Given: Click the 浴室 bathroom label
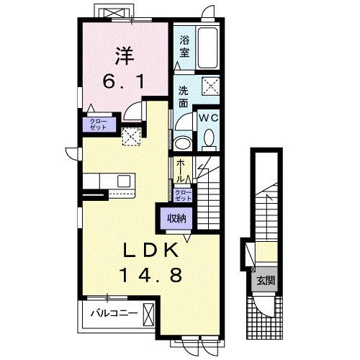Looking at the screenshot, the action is coord(184,47).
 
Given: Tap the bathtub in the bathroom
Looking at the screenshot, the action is coord(207,47).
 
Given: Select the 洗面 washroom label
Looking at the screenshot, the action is coord(183,97).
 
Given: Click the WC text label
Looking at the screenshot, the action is coord(209,118).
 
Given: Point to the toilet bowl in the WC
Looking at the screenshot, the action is coord(209,139).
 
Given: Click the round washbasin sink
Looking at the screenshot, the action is coord(183,144).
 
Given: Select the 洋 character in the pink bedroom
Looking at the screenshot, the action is coord(125,56).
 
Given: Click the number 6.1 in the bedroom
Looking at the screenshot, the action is coord(123,81).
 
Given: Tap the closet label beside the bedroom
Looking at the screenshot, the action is coord(98,125).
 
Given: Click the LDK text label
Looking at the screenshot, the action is coord(150,251).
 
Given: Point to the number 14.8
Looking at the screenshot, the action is coord(150,275).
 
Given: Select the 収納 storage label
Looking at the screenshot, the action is coord(177,218).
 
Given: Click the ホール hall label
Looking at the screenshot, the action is coord(181,171).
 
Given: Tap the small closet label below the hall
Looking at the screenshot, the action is coord(184,196).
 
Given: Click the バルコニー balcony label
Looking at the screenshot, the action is coord(114,313).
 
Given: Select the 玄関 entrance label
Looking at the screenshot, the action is coord(266,281).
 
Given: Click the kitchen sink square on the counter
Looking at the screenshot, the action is coord(124,181).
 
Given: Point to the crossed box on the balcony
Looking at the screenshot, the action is coord(148,315).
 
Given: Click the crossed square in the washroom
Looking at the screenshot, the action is coord(211,85).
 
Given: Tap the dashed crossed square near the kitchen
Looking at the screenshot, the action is coord(131,137).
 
